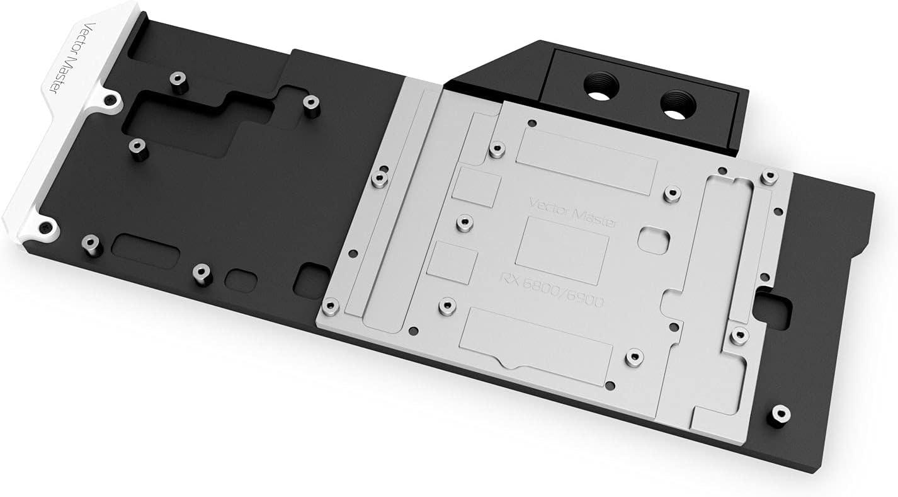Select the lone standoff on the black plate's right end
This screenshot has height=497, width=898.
(780, 414)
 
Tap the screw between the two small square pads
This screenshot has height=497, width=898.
(465, 222)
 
